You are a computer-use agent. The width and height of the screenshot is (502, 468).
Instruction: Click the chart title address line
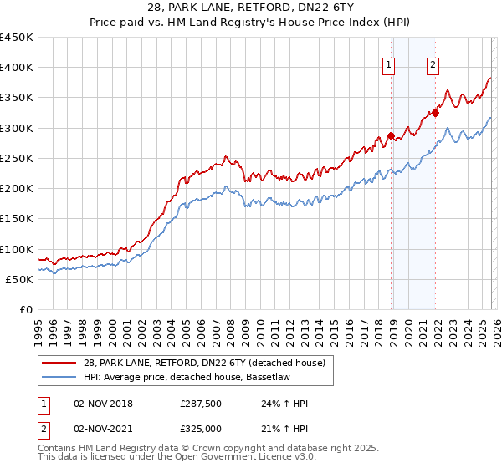coord(250,8)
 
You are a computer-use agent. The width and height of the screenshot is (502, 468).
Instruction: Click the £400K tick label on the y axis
coord(17,68)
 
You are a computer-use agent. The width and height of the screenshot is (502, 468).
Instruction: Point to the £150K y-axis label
coord(17,219)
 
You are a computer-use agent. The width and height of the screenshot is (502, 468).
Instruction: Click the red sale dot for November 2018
coord(391,135)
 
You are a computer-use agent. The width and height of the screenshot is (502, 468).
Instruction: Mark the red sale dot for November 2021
coord(435,113)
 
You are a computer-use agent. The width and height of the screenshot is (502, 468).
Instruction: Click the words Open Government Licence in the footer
coord(238,459)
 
